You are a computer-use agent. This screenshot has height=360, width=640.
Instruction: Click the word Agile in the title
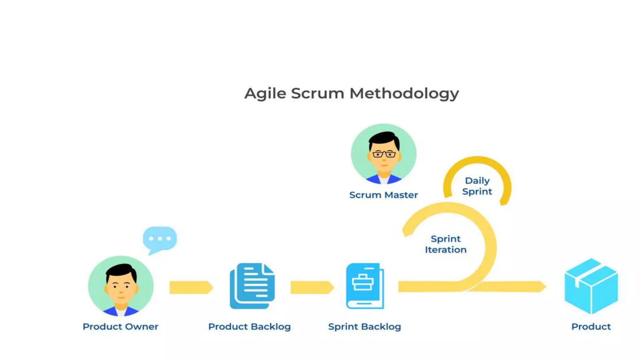click(x=265, y=93)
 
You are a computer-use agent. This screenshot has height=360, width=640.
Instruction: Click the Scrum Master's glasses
click(x=384, y=154)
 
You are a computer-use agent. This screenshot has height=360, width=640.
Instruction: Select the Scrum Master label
click(x=383, y=195)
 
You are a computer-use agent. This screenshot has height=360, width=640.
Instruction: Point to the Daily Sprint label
click(x=477, y=186)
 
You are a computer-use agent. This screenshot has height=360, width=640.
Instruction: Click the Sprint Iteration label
click(x=446, y=244)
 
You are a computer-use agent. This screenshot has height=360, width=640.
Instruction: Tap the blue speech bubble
click(x=160, y=239)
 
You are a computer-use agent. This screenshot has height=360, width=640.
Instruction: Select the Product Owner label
click(x=120, y=327)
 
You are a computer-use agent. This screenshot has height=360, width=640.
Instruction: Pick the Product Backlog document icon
click(x=252, y=286)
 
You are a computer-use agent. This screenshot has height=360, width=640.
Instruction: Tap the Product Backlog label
click(x=249, y=327)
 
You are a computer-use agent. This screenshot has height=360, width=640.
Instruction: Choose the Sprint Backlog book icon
click(x=365, y=286)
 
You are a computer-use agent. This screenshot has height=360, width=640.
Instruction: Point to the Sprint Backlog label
click(x=364, y=327)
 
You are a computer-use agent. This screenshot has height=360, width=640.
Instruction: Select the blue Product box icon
click(x=591, y=286)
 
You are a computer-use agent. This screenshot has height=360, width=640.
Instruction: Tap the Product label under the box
click(x=591, y=327)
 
